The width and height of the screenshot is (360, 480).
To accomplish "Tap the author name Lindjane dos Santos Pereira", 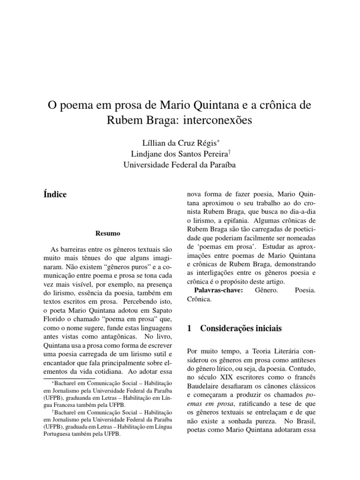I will [x=180, y=154].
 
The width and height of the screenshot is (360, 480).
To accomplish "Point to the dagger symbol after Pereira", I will [x=229, y=151].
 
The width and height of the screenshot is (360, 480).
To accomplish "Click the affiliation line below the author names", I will [x=180, y=165].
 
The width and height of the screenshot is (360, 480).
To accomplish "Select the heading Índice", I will [x=55, y=195].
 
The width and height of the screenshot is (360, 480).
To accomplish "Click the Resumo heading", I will [x=108, y=233].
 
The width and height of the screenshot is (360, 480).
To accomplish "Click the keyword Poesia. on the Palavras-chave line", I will [x=305, y=291].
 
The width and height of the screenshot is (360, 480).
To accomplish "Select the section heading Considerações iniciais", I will [x=241, y=329].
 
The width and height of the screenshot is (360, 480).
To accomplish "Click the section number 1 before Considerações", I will [x=189, y=329].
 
